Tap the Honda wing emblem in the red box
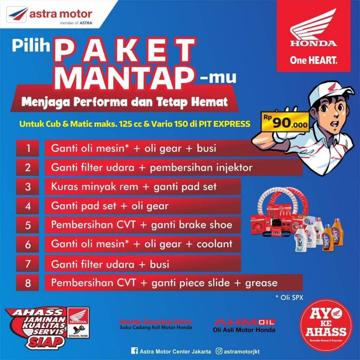click(313, 26)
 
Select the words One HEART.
click(313, 60)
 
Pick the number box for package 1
click(27, 148)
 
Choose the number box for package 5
click(27, 225)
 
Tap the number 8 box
click(27, 283)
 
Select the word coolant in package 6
click(214, 244)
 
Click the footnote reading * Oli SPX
click(289, 297)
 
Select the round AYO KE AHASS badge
click(325, 326)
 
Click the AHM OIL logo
click(244, 322)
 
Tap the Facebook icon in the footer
click(134, 351)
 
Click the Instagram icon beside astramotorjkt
click(219, 351)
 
